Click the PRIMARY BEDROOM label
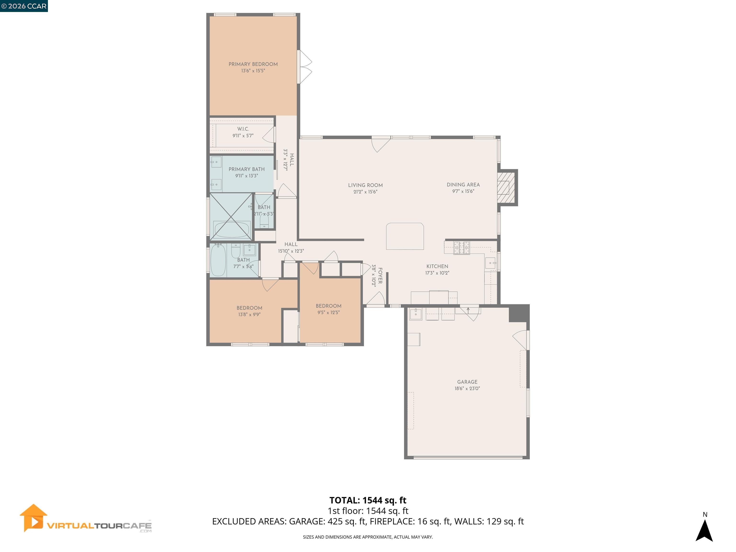(253, 64)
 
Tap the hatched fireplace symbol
(506, 187)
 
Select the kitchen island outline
(405, 236)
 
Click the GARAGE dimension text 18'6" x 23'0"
(467, 388)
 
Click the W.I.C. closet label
(243, 129)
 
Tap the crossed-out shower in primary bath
(231, 216)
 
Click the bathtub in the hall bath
(218, 260)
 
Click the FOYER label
(380, 276)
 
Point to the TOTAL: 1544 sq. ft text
(368, 500)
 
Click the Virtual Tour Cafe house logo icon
(33, 518)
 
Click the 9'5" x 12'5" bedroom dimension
(328, 312)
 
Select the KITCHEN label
(437, 266)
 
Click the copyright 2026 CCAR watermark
(24, 6)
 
